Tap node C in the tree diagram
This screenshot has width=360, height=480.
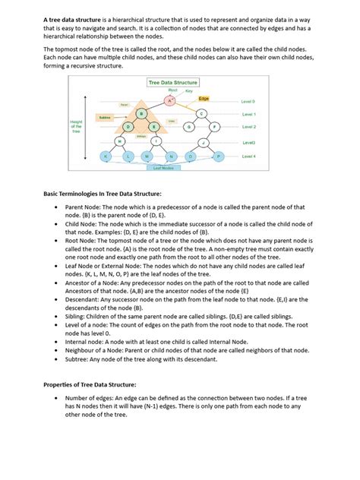(x=202, y=113)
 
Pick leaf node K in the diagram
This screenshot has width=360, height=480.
(x=106, y=156)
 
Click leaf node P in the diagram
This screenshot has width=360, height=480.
(x=219, y=156)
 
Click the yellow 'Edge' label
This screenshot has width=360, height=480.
(x=204, y=99)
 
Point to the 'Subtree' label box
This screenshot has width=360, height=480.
(x=106, y=118)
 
